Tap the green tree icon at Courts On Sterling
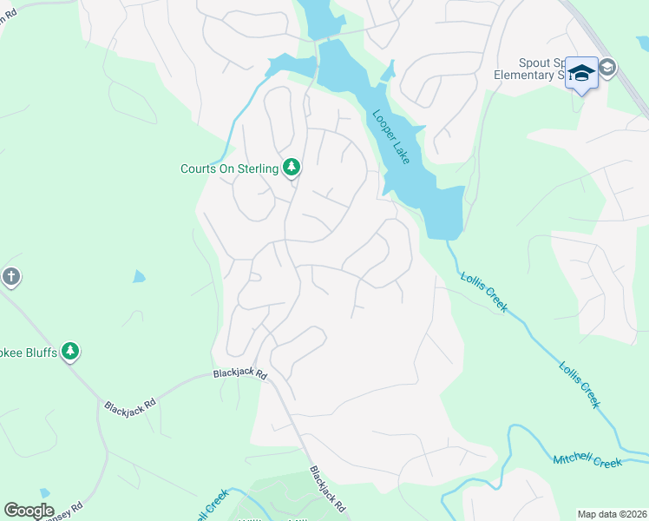[x=292, y=168]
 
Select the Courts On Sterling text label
[x=229, y=168]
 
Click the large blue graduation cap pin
[x=581, y=73]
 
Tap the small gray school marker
[x=607, y=67]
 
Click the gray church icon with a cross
[x=10, y=278]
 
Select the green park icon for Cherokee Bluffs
[x=70, y=352]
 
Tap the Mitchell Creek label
[x=587, y=460]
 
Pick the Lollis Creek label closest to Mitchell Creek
[x=579, y=383]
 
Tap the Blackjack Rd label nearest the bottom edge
[x=328, y=489]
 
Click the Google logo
[x=29, y=511]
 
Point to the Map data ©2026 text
[x=612, y=514]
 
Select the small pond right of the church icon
[x=139, y=277]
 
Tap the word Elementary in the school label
[x=524, y=75]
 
